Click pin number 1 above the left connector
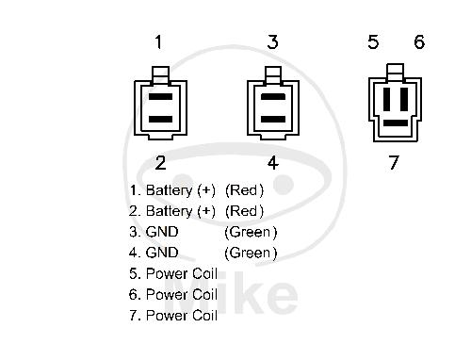click(158, 41)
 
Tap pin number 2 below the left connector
click(160, 163)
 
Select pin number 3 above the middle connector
click(272, 41)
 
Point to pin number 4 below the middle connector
click(273, 163)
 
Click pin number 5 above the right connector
click(373, 41)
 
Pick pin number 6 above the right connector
click(419, 41)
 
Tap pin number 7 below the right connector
click(394, 162)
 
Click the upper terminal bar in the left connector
click(160, 96)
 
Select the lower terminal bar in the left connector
click(160, 119)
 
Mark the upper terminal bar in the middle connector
click(273, 96)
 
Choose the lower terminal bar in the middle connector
click(273, 119)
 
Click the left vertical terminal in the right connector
click(386, 99)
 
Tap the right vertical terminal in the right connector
click(404, 99)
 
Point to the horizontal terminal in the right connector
click(396, 123)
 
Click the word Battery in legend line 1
click(169, 190)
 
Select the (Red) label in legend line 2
click(244, 211)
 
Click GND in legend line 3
click(162, 232)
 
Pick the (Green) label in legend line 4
click(251, 253)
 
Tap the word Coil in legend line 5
click(204, 273)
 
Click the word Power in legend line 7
click(167, 316)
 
